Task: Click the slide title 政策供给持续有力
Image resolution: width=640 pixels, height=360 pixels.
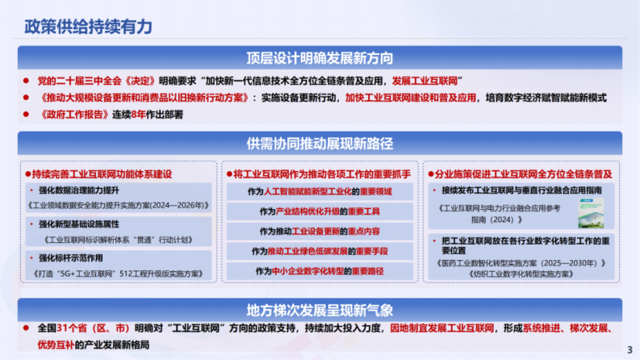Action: [88, 26]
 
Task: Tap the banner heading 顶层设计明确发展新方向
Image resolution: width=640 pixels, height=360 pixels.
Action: [320, 57]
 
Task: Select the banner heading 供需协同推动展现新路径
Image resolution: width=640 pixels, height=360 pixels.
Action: [320, 144]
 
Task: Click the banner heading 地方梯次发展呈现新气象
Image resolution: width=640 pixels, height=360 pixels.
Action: [320, 310]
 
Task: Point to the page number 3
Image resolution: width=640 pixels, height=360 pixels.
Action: [630, 349]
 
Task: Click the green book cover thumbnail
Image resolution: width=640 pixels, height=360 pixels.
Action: [594, 207]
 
